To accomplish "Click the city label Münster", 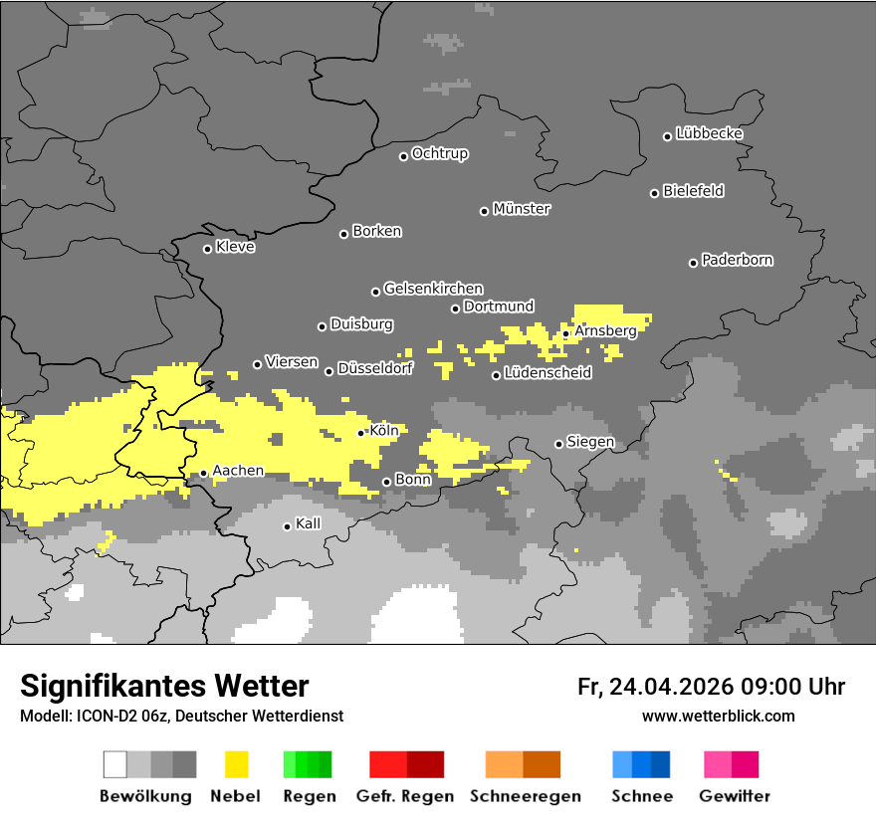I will pyautogui.click(x=522, y=209).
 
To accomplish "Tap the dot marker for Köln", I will pyautogui.click(x=361, y=433).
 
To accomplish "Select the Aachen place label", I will pyautogui.click(x=238, y=471).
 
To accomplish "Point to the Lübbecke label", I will pyautogui.click(x=709, y=133).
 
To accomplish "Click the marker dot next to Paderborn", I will pyautogui.click(x=694, y=263).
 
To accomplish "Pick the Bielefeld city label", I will pyautogui.click(x=693, y=191).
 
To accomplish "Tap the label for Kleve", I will pyautogui.click(x=235, y=247).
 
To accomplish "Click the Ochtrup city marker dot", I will pyautogui.click(x=404, y=156).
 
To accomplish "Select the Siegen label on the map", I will pyautogui.click(x=590, y=442).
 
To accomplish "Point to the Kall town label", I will pyautogui.click(x=308, y=523).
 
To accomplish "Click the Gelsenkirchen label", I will pyautogui.click(x=433, y=289).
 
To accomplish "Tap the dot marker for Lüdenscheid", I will pyautogui.click(x=497, y=375).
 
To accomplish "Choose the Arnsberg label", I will pyautogui.click(x=605, y=330).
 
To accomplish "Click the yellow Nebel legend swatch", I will pyautogui.click(x=237, y=764).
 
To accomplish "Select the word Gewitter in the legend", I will pyautogui.click(x=735, y=796).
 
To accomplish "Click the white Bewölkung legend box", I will pyautogui.click(x=115, y=764).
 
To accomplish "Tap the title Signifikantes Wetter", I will pyautogui.click(x=164, y=686).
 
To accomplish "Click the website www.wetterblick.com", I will pyautogui.click(x=718, y=716).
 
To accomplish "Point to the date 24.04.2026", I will pyautogui.click(x=670, y=687).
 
